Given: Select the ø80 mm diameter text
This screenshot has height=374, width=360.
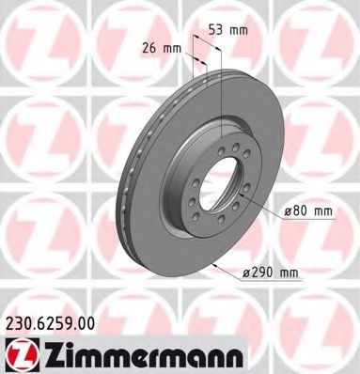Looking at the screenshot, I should click(x=309, y=211).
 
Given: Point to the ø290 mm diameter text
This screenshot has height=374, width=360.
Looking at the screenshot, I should click(x=269, y=273).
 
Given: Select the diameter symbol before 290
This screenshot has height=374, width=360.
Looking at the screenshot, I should click(x=244, y=273).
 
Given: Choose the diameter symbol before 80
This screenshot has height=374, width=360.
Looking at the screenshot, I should click(x=289, y=211).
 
